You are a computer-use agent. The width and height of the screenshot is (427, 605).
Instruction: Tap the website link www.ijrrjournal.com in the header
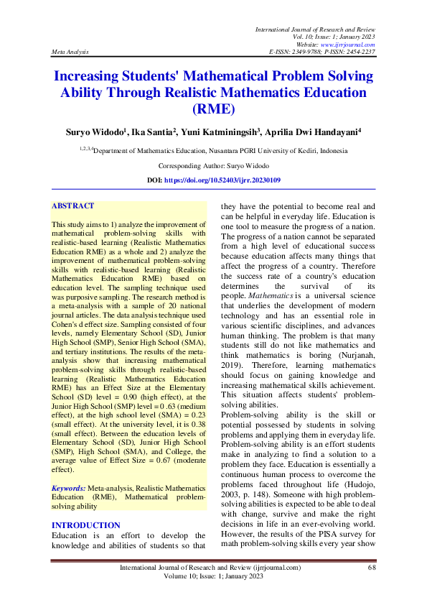point(350,45)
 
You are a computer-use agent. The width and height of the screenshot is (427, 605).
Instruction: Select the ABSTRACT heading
point(72,206)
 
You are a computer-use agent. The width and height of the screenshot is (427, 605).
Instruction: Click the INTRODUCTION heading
point(85,526)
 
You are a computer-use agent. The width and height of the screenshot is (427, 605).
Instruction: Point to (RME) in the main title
point(213,110)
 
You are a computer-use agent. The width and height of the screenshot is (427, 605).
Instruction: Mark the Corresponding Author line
point(213,165)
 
